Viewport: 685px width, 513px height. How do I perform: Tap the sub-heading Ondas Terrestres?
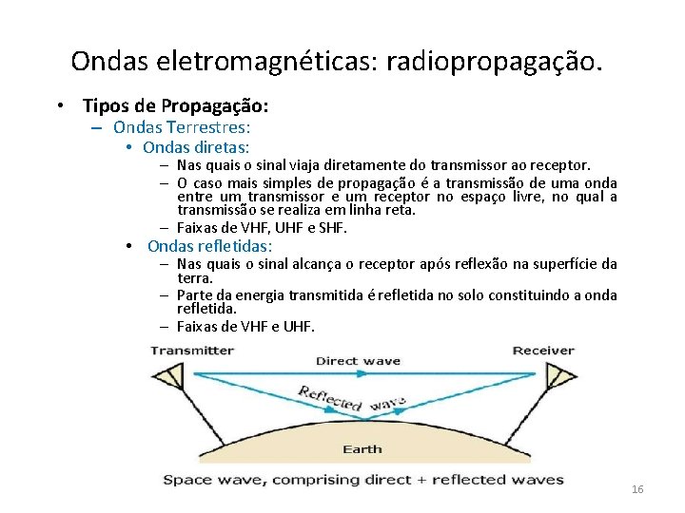181,126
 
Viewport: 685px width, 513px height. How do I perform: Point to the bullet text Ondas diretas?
196,147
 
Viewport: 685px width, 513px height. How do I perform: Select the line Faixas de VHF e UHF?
245,327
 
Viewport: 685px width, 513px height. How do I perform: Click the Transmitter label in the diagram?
192,350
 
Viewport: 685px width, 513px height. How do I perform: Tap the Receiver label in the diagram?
543,350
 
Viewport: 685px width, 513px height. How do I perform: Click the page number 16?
636,488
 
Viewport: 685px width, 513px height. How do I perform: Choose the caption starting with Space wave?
362,479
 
